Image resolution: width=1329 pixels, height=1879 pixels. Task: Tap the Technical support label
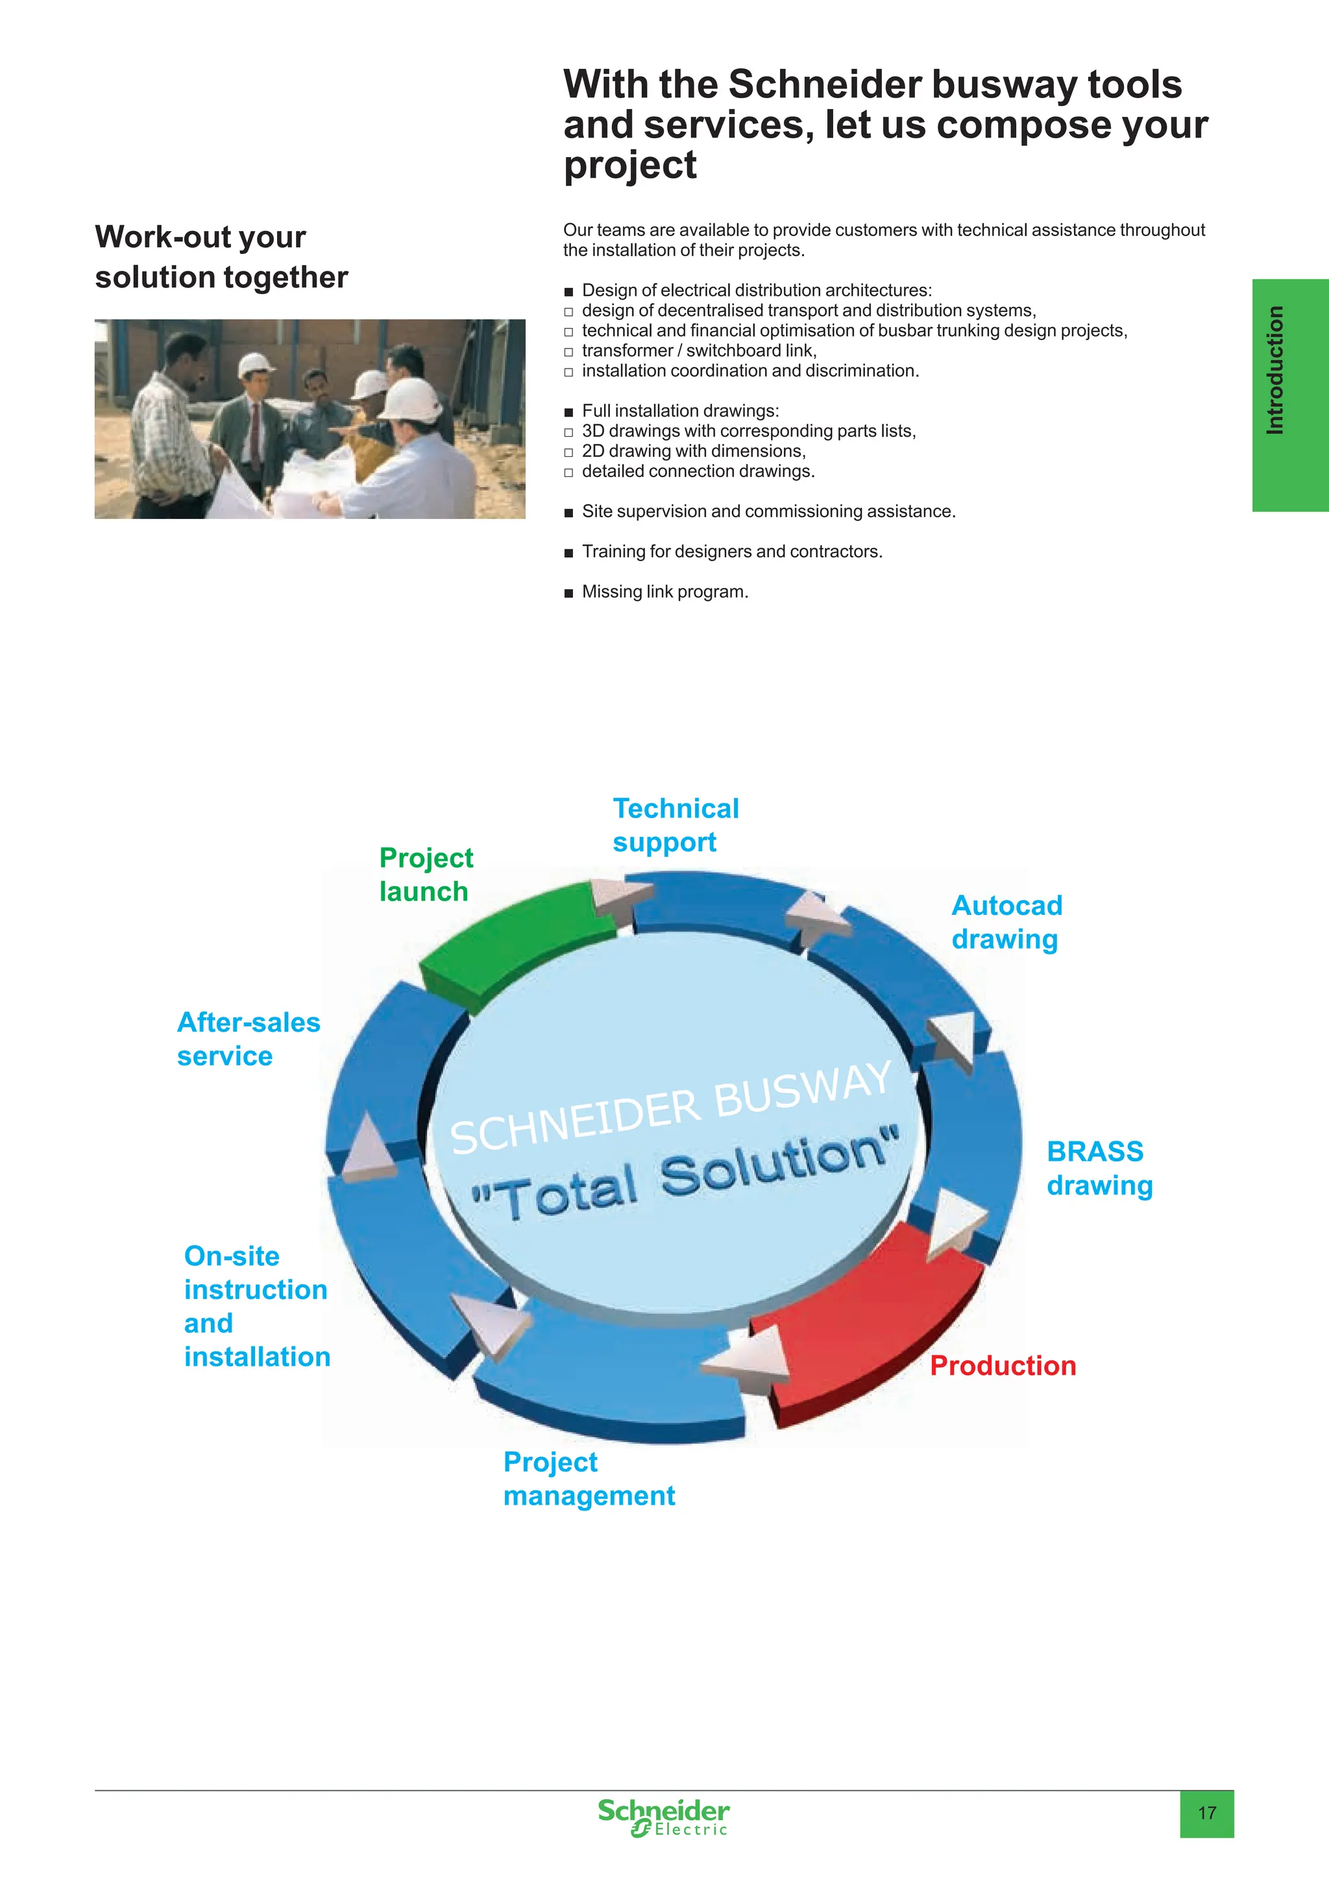(676, 825)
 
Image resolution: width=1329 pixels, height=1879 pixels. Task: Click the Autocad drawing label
(1006, 923)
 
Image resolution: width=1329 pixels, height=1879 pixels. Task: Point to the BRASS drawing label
(1100, 1169)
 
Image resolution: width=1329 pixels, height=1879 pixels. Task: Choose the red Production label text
(1003, 1365)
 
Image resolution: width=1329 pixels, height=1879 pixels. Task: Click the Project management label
(589, 1479)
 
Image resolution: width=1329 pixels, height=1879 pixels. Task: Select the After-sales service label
(249, 1039)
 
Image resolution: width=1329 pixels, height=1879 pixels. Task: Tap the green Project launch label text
(426, 874)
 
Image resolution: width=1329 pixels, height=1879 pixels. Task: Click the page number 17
(1207, 1813)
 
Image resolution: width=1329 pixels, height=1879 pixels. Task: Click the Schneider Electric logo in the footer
(663, 1817)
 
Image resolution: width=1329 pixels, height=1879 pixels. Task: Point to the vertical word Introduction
(1274, 370)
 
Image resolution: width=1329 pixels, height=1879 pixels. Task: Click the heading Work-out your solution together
(221, 257)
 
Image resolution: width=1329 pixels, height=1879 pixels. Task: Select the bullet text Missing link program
(665, 592)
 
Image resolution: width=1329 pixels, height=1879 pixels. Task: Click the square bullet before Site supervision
(568, 513)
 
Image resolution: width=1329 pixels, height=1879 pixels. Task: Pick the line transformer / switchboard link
(700, 350)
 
